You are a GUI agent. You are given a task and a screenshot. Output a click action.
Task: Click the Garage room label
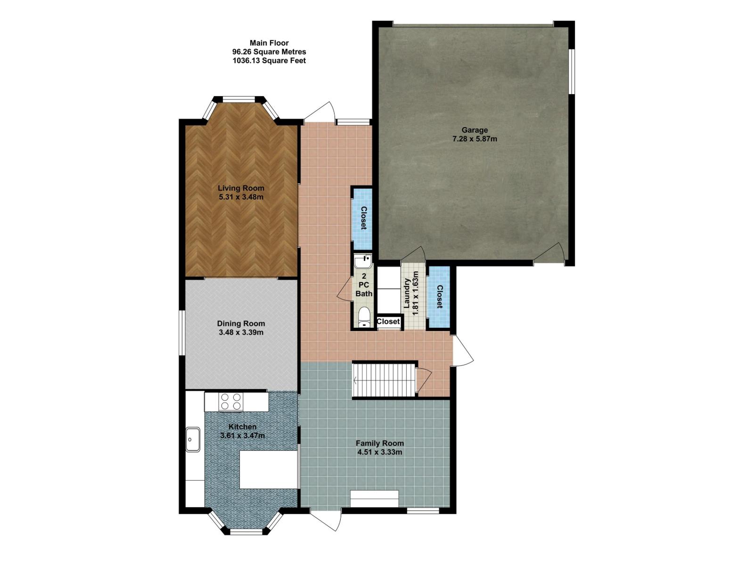(475, 130)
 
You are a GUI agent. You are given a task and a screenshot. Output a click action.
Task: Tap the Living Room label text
(241, 188)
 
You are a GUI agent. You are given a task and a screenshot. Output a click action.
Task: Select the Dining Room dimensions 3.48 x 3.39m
(241, 332)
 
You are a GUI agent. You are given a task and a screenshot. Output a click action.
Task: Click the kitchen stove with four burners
(231, 402)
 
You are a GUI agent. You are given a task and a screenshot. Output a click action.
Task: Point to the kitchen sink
(193, 439)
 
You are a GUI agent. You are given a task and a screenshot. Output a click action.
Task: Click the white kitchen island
(268, 469)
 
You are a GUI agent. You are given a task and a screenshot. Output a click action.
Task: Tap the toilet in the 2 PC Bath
(363, 317)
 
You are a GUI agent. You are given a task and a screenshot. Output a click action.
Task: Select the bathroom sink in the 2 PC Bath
(363, 261)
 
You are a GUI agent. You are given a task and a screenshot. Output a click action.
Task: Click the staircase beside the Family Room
(384, 380)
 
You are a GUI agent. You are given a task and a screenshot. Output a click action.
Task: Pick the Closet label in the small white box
(388, 322)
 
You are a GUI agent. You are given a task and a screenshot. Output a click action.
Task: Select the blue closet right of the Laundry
(439, 297)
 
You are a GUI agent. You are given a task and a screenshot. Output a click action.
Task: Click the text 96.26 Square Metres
(269, 52)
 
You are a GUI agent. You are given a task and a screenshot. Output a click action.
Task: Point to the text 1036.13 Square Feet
(269, 61)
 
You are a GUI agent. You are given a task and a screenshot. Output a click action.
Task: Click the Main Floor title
(269, 43)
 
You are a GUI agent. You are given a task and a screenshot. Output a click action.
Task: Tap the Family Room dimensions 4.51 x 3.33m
(379, 452)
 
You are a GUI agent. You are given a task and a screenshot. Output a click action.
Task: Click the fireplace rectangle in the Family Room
(374, 499)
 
